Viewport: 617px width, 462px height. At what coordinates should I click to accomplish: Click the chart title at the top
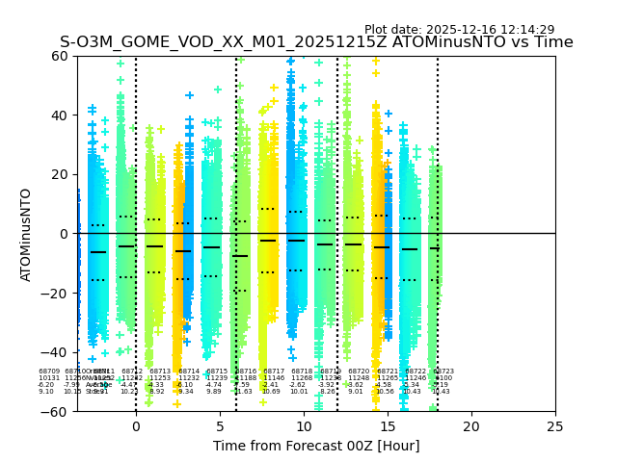click(316, 42)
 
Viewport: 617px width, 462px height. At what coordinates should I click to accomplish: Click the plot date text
click(459, 30)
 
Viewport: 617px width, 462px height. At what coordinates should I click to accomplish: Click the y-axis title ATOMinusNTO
click(26, 234)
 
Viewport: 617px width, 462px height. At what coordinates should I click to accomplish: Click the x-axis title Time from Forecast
click(316, 446)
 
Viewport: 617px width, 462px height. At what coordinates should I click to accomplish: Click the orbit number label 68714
click(189, 372)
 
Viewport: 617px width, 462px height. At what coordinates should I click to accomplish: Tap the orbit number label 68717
click(274, 372)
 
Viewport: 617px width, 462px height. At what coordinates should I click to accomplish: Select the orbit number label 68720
click(359, 372)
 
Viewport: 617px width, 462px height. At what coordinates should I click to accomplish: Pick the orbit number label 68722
click(416, 372)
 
